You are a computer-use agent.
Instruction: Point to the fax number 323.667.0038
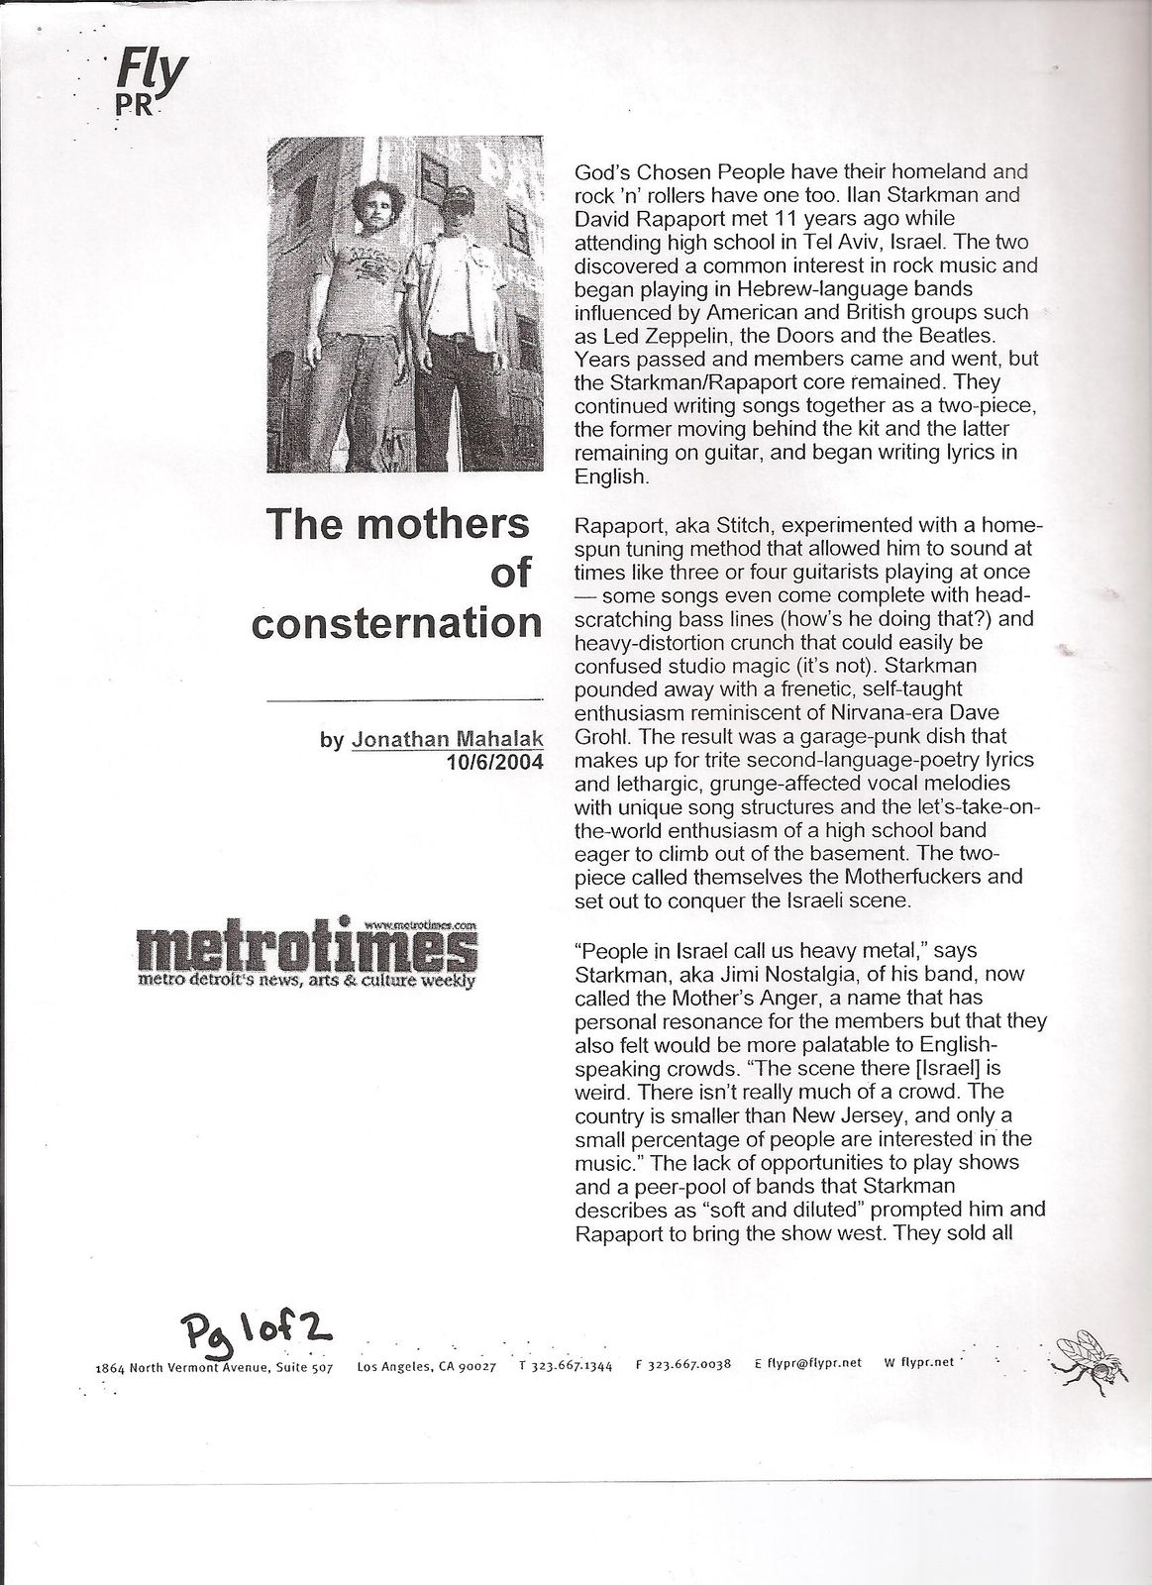tap(689, 1365)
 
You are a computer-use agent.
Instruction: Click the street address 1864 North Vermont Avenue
tap(213, 1367)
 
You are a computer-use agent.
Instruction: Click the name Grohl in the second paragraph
tap(599, 737)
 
